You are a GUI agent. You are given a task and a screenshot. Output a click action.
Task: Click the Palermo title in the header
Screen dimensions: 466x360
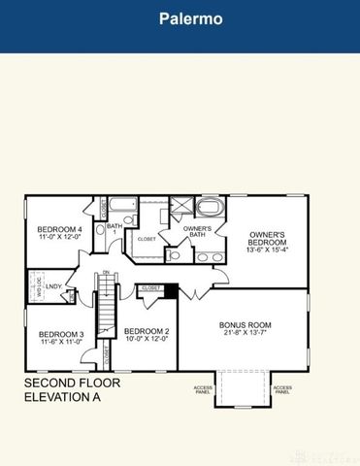180,18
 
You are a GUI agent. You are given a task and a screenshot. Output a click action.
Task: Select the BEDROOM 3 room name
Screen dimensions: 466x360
48,334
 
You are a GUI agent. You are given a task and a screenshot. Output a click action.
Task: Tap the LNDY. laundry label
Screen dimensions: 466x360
54,286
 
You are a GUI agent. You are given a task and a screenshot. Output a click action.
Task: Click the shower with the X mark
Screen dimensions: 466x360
181,206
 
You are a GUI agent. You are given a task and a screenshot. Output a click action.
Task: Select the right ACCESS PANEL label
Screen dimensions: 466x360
281,390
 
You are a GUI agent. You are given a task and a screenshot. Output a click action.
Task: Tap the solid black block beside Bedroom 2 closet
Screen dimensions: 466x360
171,289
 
